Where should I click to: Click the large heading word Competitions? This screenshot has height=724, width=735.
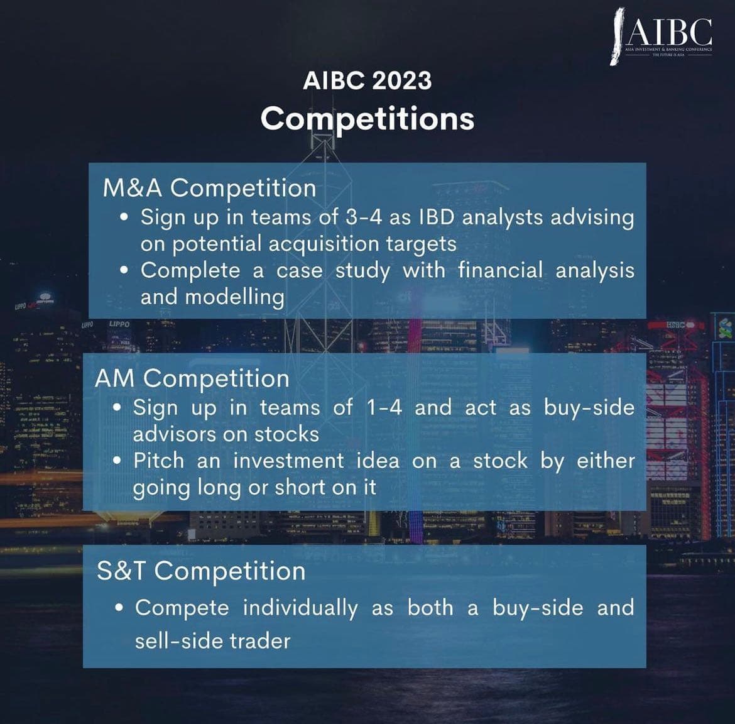tap(367, 118)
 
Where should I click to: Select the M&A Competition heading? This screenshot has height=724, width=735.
tap(209, 188)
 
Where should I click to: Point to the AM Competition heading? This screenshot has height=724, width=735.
tap(192, 378)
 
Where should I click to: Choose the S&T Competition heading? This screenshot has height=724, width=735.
tap(201, 571)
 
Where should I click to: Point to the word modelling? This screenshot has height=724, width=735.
tap(212, 297)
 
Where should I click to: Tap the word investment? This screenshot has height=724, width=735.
tap(288, 461)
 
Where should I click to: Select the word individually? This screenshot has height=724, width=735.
tap(300, 608)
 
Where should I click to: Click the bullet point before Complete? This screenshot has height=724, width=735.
tap(125, 270)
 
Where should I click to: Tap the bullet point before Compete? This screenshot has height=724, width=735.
tap(119, 608)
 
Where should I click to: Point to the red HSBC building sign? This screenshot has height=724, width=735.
tap(676, 324)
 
